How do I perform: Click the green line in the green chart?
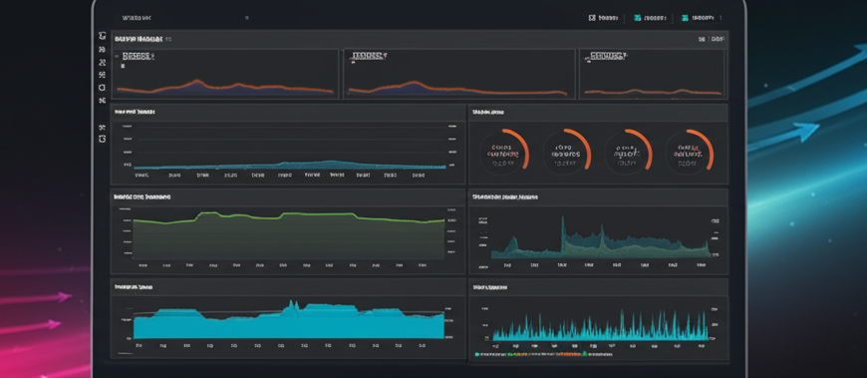(289, 214)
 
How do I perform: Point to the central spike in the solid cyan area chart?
(292, 304)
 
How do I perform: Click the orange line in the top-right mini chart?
(648, 92)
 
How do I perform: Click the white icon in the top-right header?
(592, 17)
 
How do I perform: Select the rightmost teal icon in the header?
(684, 17)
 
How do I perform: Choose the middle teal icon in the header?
(638, 17)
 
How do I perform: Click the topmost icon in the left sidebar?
(102, 36)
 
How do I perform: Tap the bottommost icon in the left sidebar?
(102, 139)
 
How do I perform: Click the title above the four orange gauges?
(489, 112)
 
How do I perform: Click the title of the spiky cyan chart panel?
(489, 287)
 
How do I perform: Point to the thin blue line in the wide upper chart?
(289, 163)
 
